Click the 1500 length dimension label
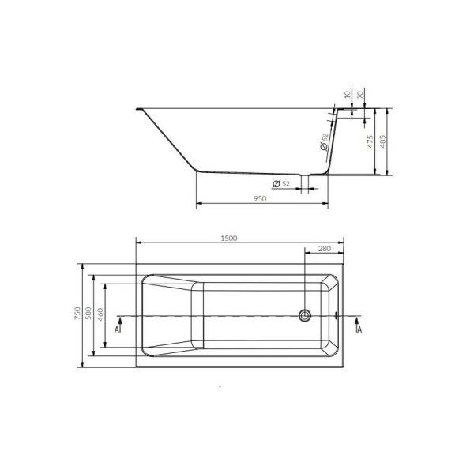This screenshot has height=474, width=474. click(229, 239)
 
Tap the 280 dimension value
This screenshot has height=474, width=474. click(325, 249)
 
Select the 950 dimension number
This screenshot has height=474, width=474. click(260, 198)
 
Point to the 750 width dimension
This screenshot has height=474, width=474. click(77, 314)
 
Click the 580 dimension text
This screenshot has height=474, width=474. click(88, 314)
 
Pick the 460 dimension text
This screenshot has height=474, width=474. click(100, 314)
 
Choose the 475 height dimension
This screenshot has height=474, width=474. click(371, 141)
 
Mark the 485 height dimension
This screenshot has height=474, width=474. click(382, 141)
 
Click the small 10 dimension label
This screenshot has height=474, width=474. click(348, 94)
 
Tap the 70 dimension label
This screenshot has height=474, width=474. click(359, 95)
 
